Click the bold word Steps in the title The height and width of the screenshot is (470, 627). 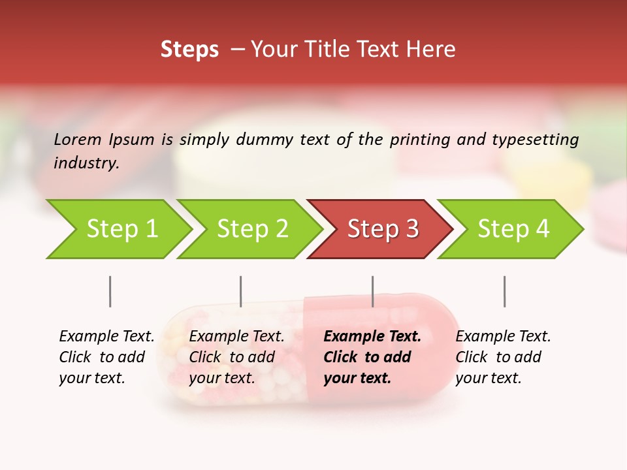(189, 50)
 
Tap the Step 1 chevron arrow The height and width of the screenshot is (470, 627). (121, 229)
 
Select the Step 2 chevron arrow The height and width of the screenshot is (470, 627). (252, 229)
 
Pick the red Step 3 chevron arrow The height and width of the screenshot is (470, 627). (383, 229)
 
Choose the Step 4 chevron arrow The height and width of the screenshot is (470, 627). (513, 229)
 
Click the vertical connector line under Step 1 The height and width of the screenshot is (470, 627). (110, 291)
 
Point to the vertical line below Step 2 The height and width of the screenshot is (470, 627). (241, 291)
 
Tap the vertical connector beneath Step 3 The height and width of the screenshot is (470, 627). (373, 291)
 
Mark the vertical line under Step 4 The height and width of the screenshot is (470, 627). (504, 291)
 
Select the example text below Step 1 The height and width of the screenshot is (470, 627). (106, 357)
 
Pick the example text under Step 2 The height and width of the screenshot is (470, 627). (236, 357)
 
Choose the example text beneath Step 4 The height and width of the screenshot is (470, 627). (503, 357)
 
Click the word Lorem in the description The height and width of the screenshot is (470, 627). (78, 140)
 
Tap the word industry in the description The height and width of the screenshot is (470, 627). (86, 163)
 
